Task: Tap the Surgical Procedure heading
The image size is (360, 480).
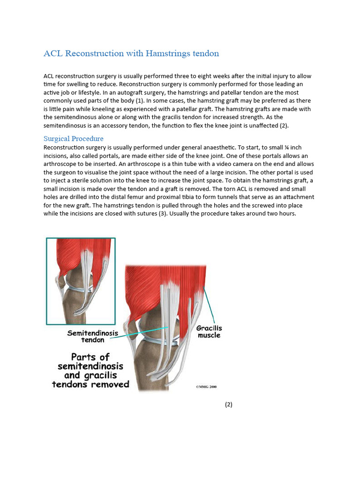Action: (73, 139)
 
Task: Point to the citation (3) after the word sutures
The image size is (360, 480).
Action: (173, 214)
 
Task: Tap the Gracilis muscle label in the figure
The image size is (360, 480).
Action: (209, 332)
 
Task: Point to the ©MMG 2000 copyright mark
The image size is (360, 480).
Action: (206, 387)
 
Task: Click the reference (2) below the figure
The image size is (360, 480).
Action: (228, 405)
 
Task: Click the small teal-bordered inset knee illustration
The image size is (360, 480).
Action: (81, 281)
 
